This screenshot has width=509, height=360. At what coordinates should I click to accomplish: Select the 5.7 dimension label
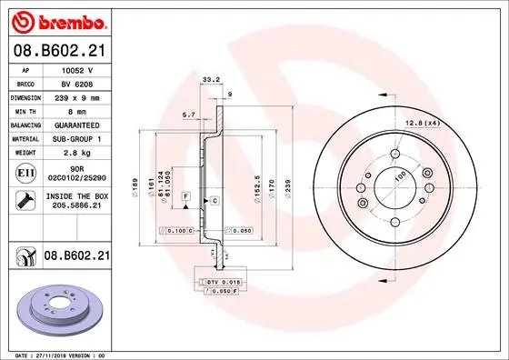point(189,115)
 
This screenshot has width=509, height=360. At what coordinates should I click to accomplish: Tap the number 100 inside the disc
point(397,175)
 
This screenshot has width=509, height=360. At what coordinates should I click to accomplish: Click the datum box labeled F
point(185,196)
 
